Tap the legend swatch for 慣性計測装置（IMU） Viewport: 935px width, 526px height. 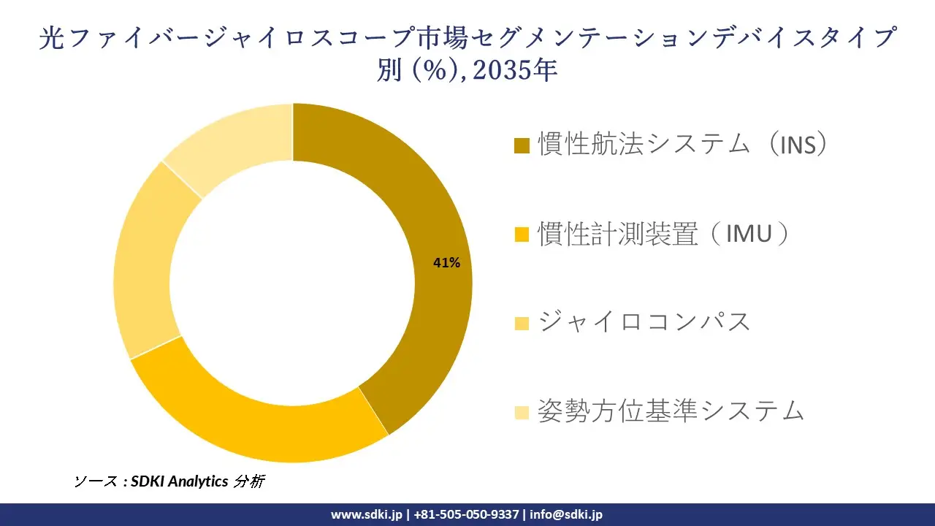coord(522,235)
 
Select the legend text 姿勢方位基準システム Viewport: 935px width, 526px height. coord(671,411)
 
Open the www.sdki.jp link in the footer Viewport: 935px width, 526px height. coord(366,514)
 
